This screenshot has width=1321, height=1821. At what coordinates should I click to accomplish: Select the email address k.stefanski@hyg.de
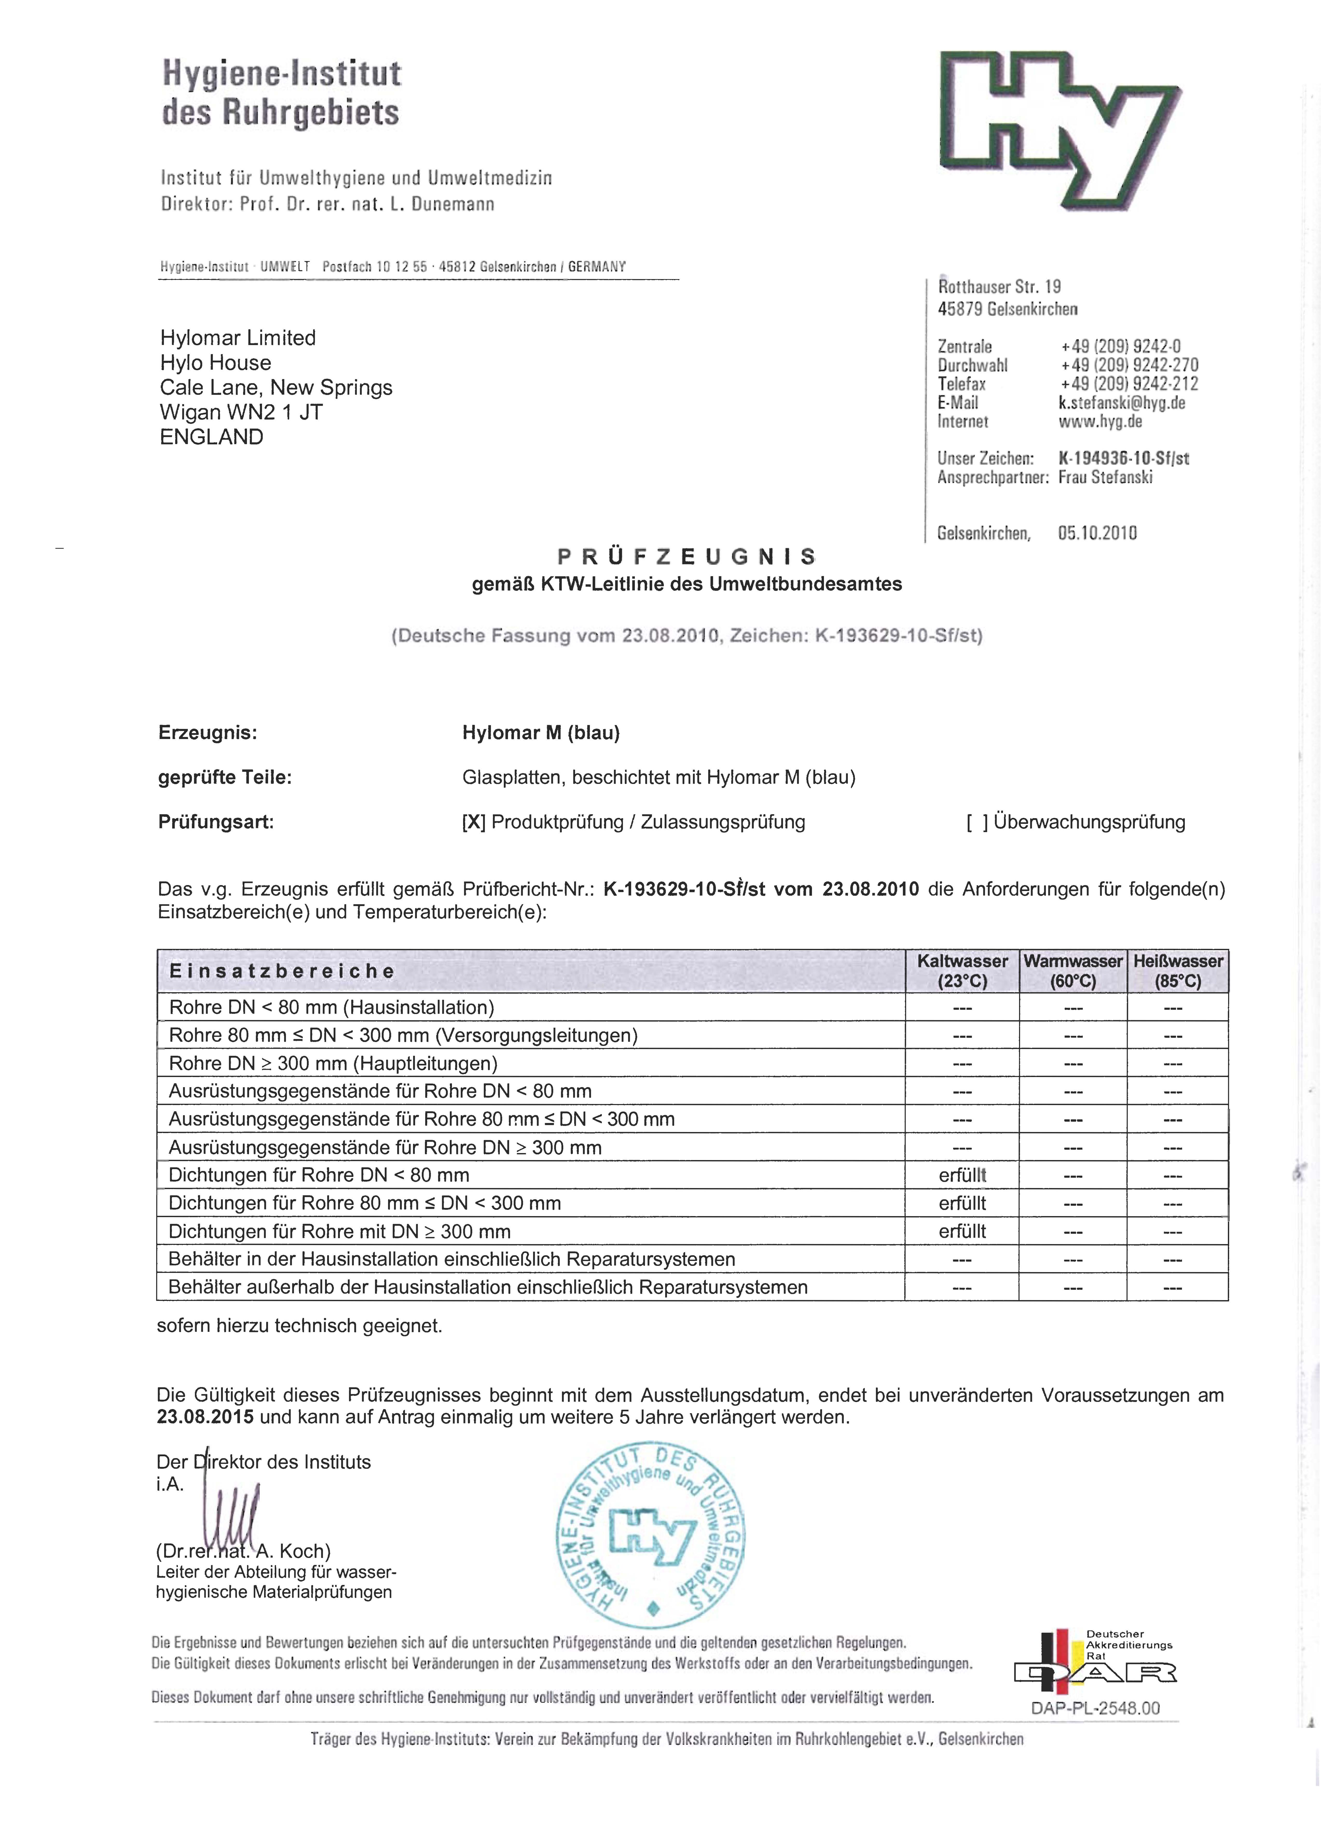click(1121, 403)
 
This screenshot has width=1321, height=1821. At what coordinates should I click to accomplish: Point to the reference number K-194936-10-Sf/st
click(1123, 458)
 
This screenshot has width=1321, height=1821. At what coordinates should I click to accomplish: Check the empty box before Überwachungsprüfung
click(977, 822)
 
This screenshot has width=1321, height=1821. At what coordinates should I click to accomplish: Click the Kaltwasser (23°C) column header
click(962, 971)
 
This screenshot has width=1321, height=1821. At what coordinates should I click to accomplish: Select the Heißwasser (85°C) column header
click(1177, 971)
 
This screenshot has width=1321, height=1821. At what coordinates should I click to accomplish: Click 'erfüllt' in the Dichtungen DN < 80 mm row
click(962, 1175)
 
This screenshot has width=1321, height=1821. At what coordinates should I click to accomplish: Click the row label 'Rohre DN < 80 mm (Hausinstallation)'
click(331, 1008)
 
